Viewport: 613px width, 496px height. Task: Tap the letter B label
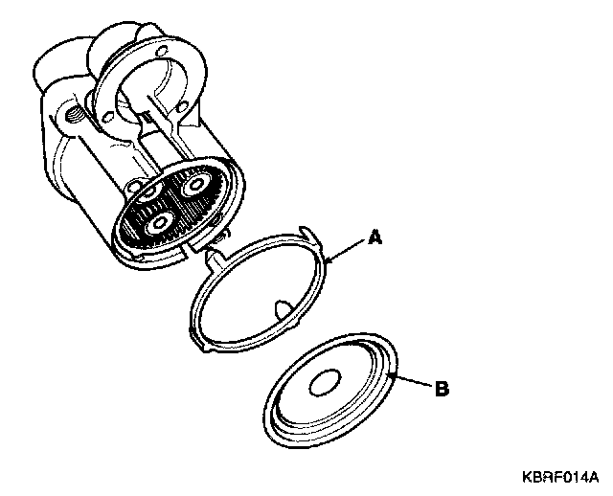click(x=442, y=389)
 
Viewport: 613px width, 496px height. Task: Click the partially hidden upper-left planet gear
click(x=151, y=194)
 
